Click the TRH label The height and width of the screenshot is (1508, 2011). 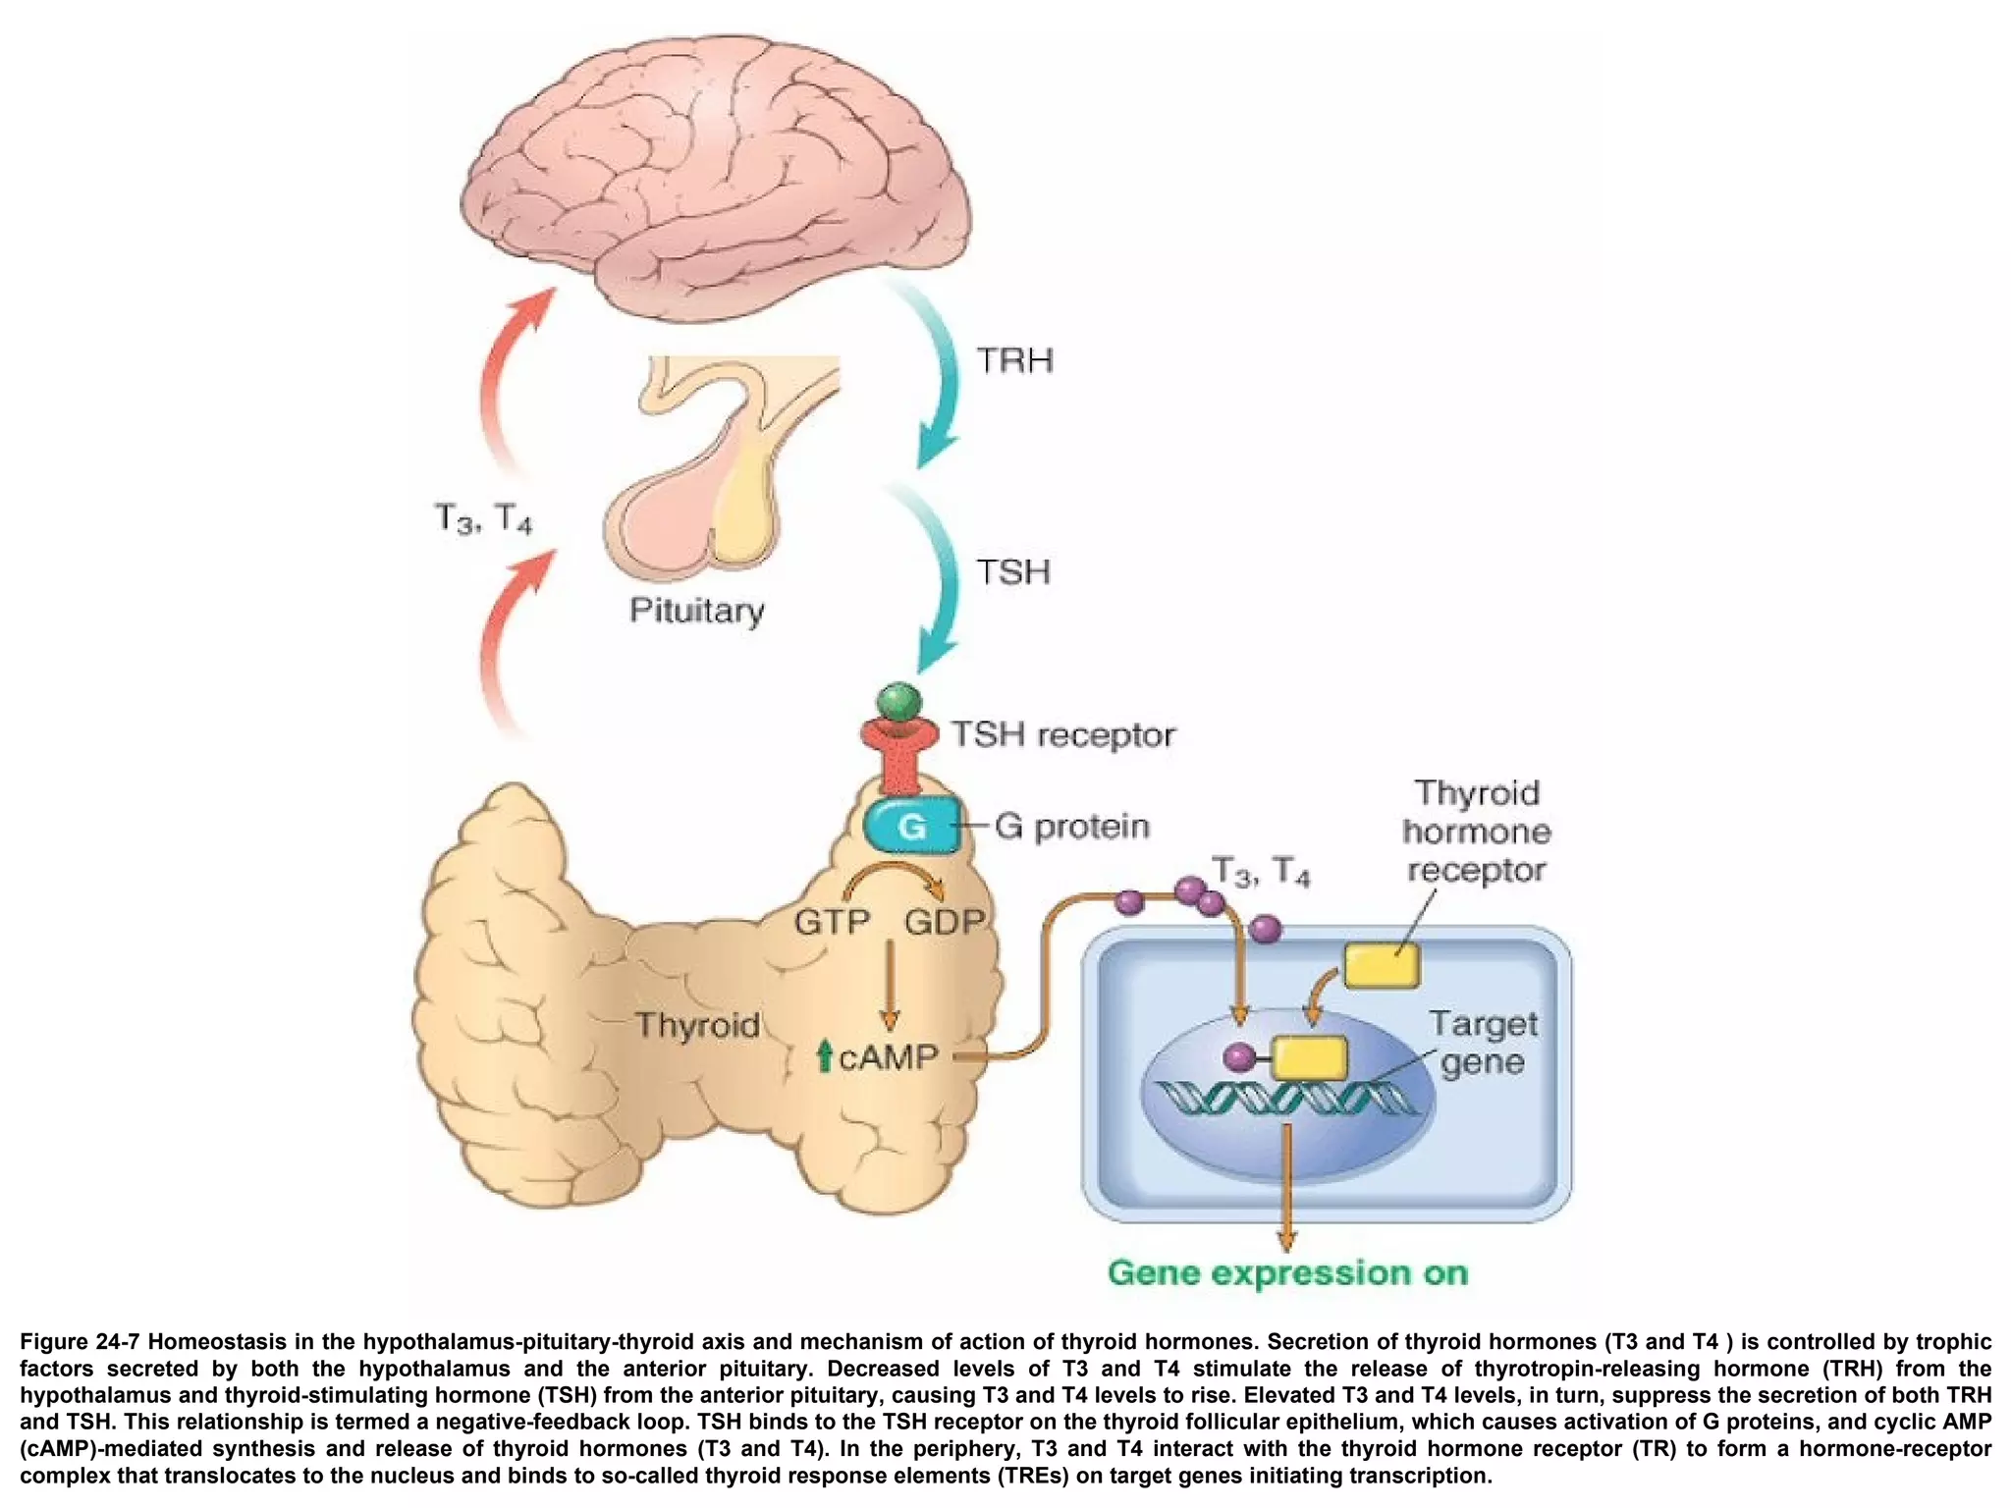pyautogui.click(x=1014, y=360)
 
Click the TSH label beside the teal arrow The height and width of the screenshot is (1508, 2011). pyautogui.click(x=1012, y=571)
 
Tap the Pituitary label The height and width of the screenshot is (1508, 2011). pyautogui.click(x=696, y=610)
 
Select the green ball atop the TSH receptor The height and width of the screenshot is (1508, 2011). pyautogui.click(x=898, y=702)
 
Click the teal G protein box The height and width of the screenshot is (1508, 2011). pyautogui.click(x=911, y=826)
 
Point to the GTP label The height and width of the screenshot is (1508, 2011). pyautogui.click(x=832, y=922)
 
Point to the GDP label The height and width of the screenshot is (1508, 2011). pyautogui.click(x=944, y=922)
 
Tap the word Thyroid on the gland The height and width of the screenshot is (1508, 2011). pyautogui.click(x=697, y=1025)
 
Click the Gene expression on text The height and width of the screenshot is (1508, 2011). pyautogui.click(x=1287, y=1272)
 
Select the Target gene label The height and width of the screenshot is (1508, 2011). pyautogui.click(x=1482, y=1042)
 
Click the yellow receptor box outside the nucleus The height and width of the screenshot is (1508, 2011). pyautogui.click(x=1381, y=964)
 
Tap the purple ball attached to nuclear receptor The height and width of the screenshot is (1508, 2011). pyautogui.click(x=1240, y=1056)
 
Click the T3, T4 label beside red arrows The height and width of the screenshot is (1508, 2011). pyautogui.click(x=483, y=517)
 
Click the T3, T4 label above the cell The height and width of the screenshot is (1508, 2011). pyautogui.click(x=1261, y=871)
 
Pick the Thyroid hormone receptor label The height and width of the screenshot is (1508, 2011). pyautogui.click(x=1476, y=831)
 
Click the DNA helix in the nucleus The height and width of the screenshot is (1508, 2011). pyautogui.click(x=1286, y=1099)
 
